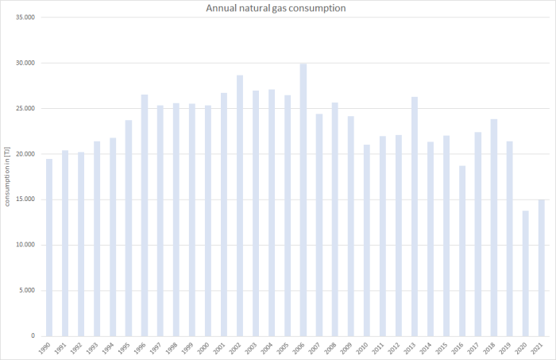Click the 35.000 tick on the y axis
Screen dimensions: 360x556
pos(25,17)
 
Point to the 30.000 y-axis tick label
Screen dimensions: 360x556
pos(25,64)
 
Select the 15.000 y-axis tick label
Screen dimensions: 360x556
pos(25,199)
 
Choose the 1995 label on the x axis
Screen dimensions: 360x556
pos(127,348)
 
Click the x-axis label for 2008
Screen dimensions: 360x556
pos(334,348)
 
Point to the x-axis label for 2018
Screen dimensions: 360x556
pos(492,348)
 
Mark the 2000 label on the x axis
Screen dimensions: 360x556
pos(207,348)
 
